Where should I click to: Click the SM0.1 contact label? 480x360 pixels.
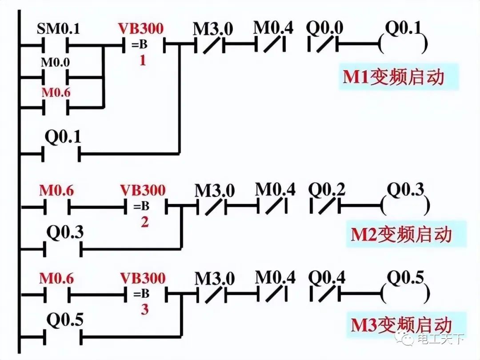coord(58,30)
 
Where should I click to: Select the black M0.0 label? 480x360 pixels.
coord(56,62)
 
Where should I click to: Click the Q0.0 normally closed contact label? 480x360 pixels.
coord(324,28)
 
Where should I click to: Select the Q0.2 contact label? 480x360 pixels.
coord(327,191)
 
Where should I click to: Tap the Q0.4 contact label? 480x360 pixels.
coord(327,279)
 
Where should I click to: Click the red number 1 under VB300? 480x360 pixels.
coord(143,60)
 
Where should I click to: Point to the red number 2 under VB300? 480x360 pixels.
coord(144,222)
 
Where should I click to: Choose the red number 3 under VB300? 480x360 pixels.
coord(144,309)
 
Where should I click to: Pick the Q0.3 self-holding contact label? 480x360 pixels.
coord(65,233)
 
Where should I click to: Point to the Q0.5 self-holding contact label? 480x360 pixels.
coord(65,320)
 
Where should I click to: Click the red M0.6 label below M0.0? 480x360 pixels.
coord(56,93)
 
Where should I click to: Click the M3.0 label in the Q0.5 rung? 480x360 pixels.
coord(215,279)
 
